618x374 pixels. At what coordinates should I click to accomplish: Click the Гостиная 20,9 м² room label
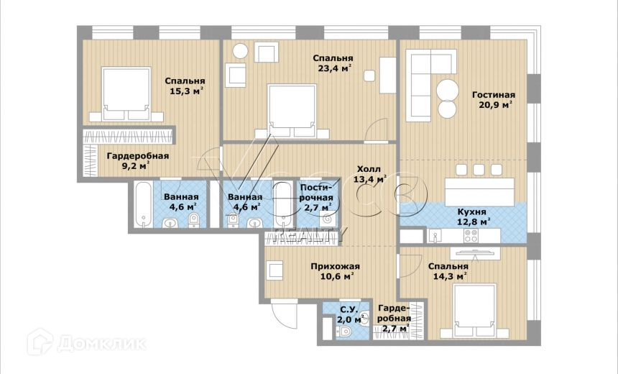click(x=493, y=100)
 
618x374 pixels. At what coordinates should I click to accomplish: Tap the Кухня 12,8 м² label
click(x=474, y=216)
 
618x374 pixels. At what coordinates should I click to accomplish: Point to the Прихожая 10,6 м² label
click(x=335, y=271)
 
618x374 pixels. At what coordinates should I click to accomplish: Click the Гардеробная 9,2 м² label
click(x=137, y=160)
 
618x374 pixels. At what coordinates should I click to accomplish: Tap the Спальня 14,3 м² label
click(x=448, y=271)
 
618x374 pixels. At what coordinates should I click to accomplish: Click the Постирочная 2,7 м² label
click(x=316, y=197)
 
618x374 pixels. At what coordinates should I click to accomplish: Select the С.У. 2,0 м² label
click(x=349, y=315)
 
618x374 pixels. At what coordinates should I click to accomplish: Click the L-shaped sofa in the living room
click(x=430, y=85)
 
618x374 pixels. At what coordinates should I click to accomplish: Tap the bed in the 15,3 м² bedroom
click(x=126, y=94)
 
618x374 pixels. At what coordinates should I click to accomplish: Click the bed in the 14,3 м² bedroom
click(x=474, y=311)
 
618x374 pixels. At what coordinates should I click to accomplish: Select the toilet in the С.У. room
click(x=345, y=331)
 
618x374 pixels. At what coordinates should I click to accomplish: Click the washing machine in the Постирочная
click(x=328, y=218)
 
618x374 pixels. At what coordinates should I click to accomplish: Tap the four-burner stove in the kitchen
click(x=471, y=235)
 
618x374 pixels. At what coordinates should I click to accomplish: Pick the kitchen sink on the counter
click(x=435, y=235)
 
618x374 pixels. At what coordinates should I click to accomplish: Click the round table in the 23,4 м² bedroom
click(x=240, y=51)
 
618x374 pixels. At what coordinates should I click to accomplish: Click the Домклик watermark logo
click(x=87, y=342)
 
